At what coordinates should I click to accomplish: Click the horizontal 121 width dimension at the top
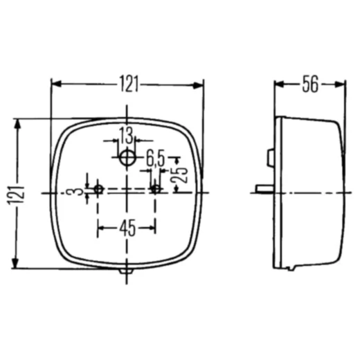pos(127,84)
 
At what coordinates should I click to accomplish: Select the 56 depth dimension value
pos(309,84)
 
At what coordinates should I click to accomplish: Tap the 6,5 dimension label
pos(155,159)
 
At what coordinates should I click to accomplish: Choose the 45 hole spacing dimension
pos(127,226)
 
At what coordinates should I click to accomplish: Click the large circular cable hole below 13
pos(127,157)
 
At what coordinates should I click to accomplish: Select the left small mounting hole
pos(98,189)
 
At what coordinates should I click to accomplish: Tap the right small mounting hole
pos(156,189)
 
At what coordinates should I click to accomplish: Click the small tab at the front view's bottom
pos(126,272)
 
